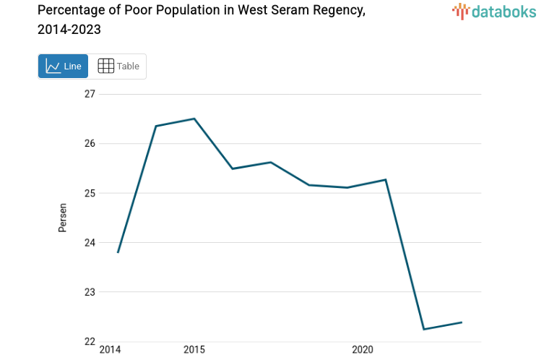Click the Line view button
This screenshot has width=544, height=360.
pyautogui.click(x=63, y=67)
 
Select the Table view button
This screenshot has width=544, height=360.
pyautogui.click(x=118, y=67)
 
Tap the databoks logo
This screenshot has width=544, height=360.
pyautogui.click(x=494, y=11)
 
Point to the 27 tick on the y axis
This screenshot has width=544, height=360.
pyautogui.click(x=90, y=94)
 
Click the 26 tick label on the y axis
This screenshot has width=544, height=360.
pyautogui.click(x=90, y=144)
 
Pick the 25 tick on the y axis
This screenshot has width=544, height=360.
pyautogui.click(x=90, y=193)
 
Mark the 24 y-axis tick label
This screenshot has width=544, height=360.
pyautogui.click(x=90, y=243)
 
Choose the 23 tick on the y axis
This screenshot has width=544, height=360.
pyautogui.click(x=90, y=292)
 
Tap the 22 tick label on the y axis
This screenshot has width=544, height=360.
pyautogui.click(x=90, y=342)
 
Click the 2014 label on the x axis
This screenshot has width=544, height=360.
pyautogui.click(x=110, y=351)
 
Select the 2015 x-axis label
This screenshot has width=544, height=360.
pyautogui.click(x=194, y=351)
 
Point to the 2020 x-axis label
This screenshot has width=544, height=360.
pyautogui.click(x=362, y=351)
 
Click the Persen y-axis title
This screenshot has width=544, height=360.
pyautogui.click(x=63, y=218)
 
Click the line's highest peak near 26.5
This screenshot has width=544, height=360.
pyautogui.click(x=194, y=119)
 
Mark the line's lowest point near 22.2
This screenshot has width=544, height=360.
pyautogui.click(x=423, y=329)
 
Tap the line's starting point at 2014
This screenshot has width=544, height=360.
pyautogui.click(x=118, y=252)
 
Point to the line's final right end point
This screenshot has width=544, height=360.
pyautogui.click(x=462, y=322)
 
